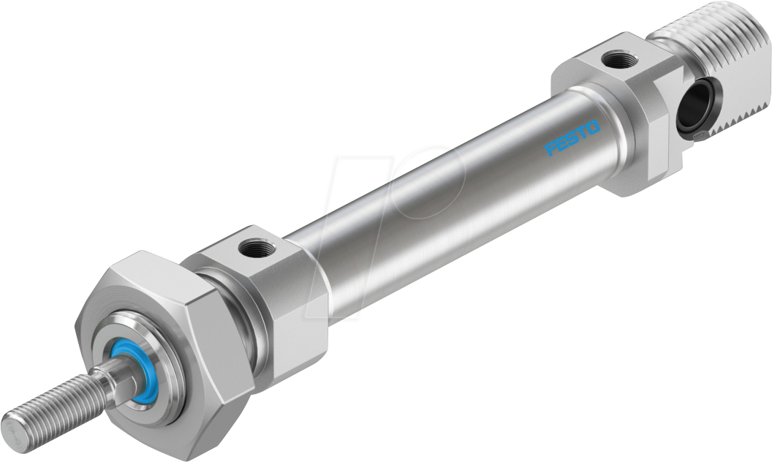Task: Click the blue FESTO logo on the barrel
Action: pyautogui.click(x=572, y=138)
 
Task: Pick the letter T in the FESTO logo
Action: pyautogui.click(x=582, y=133)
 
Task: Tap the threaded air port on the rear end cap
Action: pyautogui.click(x=620, y=58)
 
